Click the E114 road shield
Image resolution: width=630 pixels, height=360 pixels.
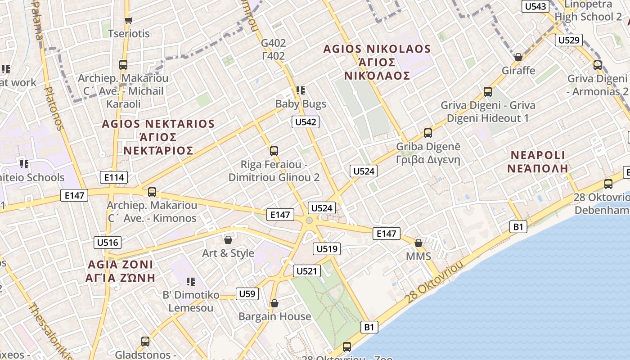click(x=114, y=177)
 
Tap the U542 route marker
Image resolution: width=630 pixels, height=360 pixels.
click(x=306, y=122)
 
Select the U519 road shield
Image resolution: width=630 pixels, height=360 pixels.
click(x=327, y=249)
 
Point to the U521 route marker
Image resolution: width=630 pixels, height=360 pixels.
click(x=307, y=271)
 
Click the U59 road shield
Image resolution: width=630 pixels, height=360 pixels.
click(x=247, y=294)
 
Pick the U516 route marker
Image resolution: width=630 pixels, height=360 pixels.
click(x=108, y=243)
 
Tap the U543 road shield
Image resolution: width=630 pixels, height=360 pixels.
click(x=535, y=6)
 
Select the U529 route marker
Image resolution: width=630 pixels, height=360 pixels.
click(x=569, y=40)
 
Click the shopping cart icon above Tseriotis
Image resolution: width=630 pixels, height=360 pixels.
click(x=128, y=20)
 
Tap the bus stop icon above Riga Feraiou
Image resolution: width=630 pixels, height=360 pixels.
click(x=274, y=151)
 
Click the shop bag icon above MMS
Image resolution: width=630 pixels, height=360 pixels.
click(x=418, y=243)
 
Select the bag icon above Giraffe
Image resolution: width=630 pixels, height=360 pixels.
click(x=518, y=57)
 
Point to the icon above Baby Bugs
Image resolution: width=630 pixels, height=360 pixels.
click(x=301, y=90)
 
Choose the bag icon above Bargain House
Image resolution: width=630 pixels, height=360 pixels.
click(x=274, y=303)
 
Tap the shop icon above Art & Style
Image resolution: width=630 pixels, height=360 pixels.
click(x=228, y=240)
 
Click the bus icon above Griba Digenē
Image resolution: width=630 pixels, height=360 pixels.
click(x=428, y=133)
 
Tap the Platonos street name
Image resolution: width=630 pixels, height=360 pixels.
click(x=53, y=108)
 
